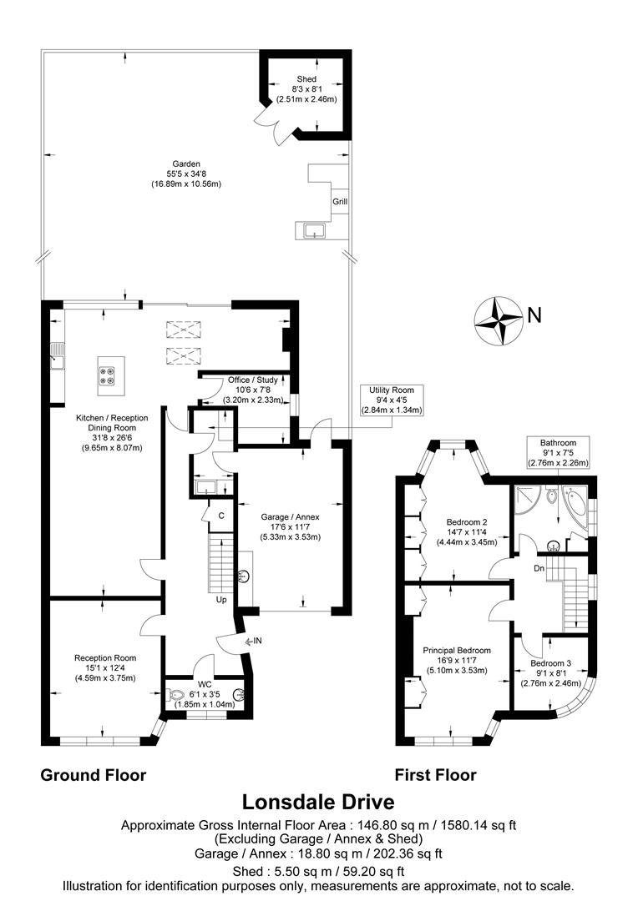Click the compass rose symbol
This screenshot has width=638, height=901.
click(x=498, y=319)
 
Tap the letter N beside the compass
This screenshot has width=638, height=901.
click(x=534, y=315)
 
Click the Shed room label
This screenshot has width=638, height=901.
click(x=306, y=79)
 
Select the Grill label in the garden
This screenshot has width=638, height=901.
click(x=340, y=202)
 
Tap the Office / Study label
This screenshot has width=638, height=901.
click(x=252, y=380)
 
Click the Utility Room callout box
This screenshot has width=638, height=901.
click(x=392, y=400)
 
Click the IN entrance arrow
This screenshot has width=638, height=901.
click(x=256, y=641)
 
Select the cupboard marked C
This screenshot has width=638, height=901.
click(x=220, y=516)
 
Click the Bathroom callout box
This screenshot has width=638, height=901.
click(x=557, y=451)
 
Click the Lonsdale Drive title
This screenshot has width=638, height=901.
click(x=318, y=802)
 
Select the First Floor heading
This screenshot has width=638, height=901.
click(x=435, y=775)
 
